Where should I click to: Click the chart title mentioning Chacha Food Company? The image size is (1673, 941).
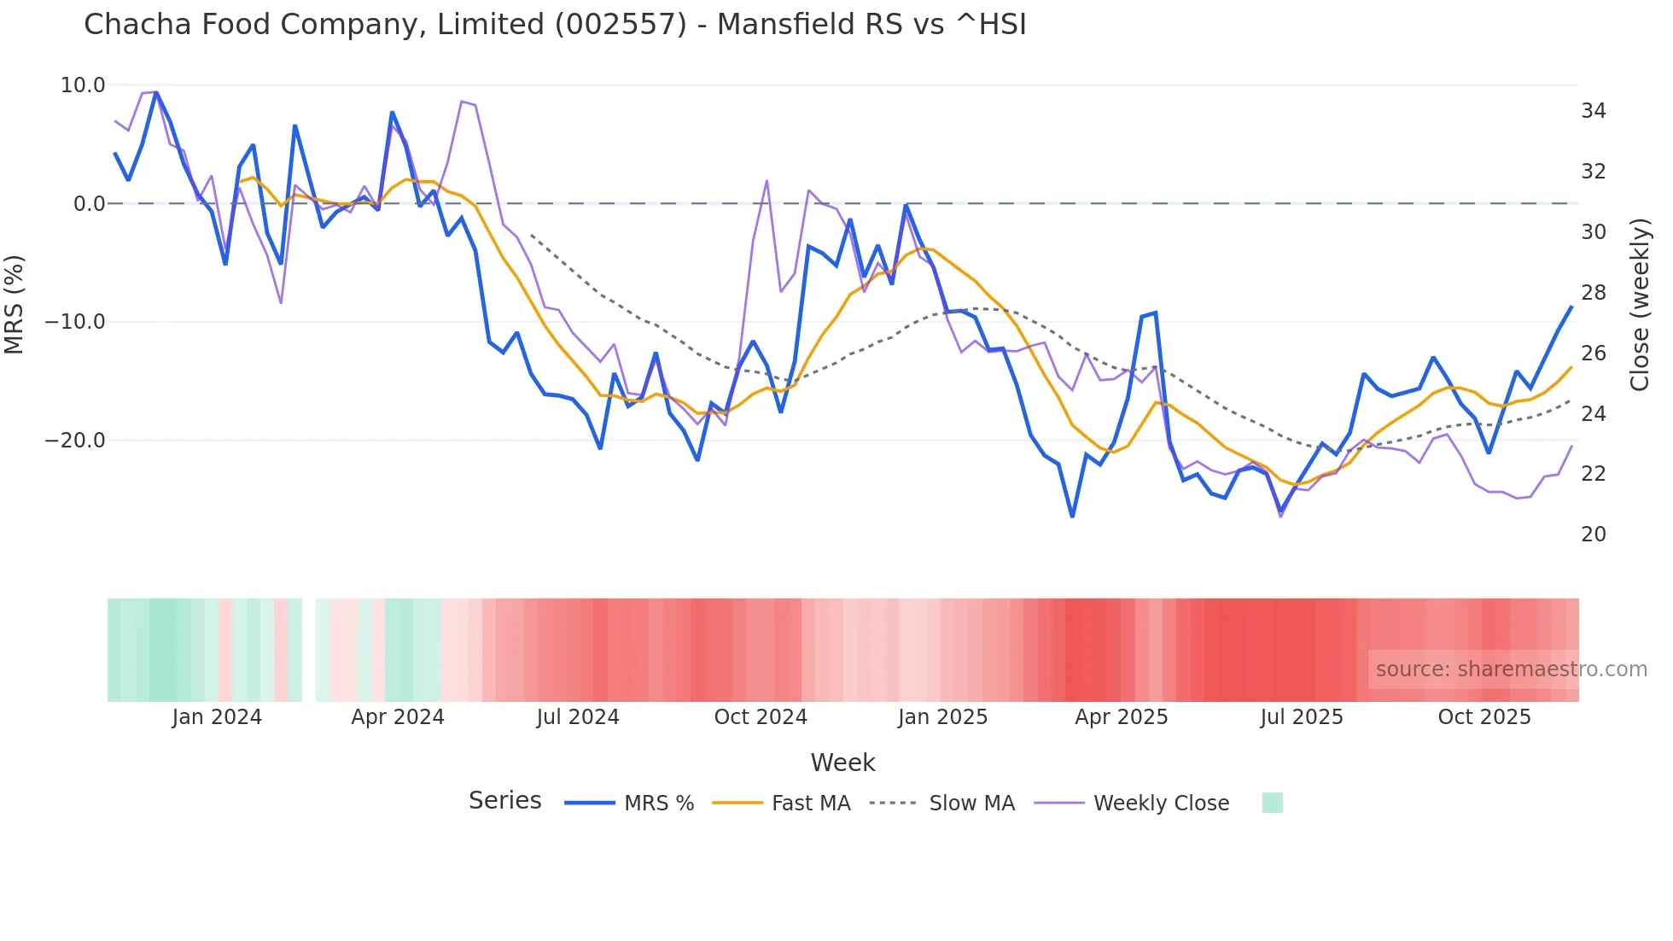555,25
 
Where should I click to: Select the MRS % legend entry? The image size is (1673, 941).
630,804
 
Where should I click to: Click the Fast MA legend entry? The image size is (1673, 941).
781,804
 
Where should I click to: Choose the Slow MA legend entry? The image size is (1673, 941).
942,804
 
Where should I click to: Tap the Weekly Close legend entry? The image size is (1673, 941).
1132,804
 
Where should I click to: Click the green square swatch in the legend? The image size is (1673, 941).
1272,803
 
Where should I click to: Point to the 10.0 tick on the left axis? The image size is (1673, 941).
83,85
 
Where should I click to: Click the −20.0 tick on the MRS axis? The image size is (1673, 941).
75,441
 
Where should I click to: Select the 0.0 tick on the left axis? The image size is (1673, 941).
89,204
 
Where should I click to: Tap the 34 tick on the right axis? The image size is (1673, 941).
1593,111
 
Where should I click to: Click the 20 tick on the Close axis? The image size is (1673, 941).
1593,535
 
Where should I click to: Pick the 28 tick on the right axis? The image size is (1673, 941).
1593,293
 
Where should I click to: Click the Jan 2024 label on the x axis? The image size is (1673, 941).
217,717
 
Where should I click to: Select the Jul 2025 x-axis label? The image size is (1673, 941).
1302,717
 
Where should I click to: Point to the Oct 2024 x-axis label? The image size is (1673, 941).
761,717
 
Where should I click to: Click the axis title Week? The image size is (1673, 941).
842,763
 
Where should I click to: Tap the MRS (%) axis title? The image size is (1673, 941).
15,304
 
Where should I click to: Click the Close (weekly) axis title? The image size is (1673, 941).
1640,305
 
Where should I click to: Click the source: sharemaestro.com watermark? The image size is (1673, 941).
1511,669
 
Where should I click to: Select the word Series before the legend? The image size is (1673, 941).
504,801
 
